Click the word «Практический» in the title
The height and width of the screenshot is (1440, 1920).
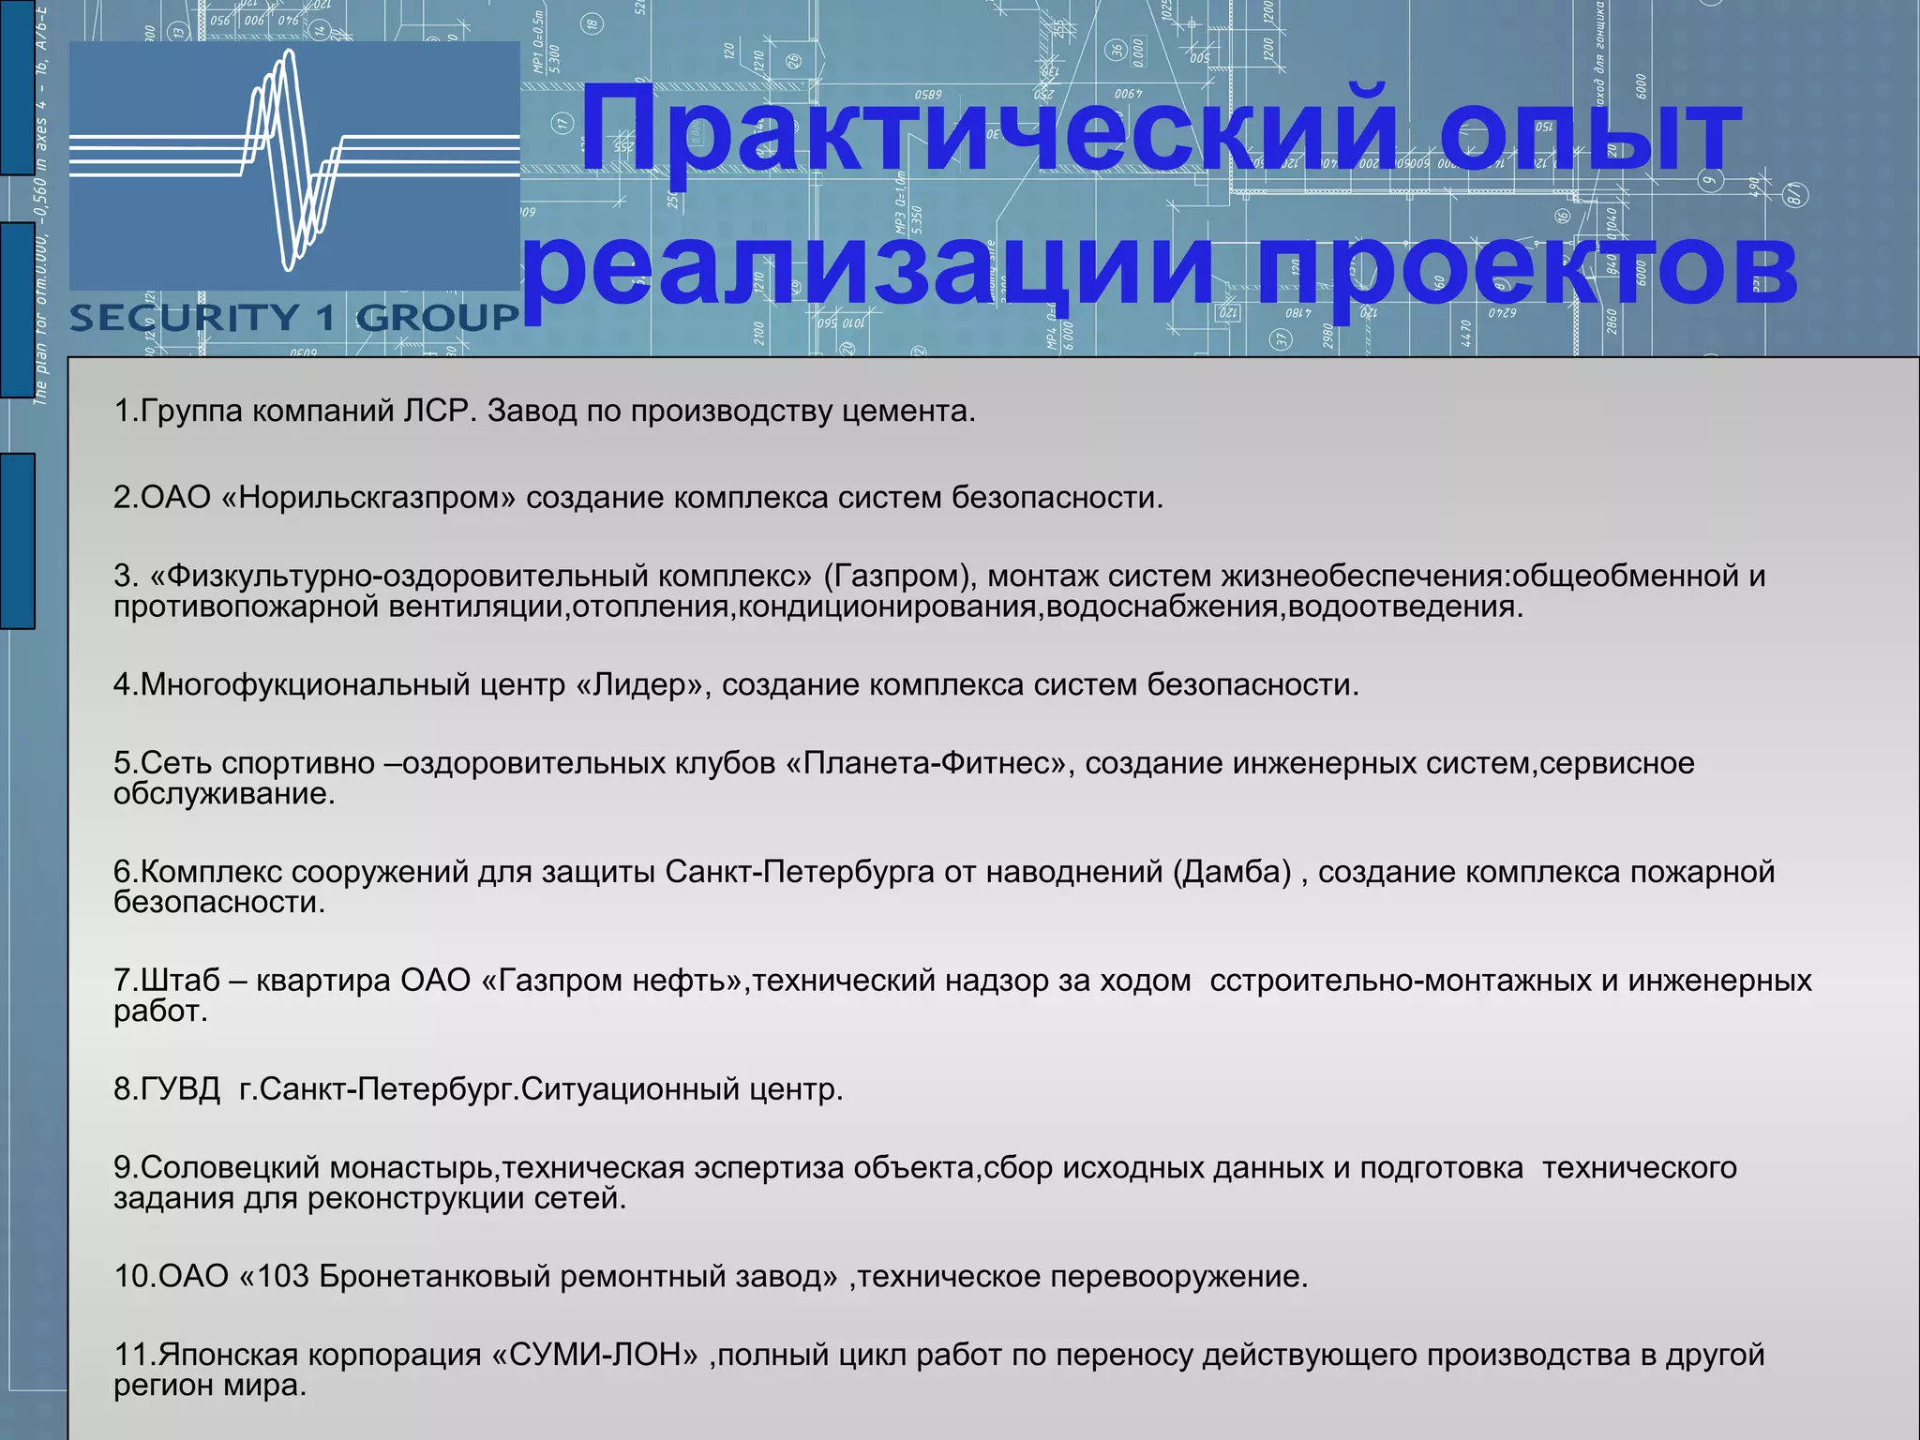(989, 131)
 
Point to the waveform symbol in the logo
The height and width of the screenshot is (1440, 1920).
(291, 159)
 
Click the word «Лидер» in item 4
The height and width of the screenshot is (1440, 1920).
(638, 684)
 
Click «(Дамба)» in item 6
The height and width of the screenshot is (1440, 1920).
(1232, 872)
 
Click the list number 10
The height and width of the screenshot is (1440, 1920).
(132, 1277)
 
